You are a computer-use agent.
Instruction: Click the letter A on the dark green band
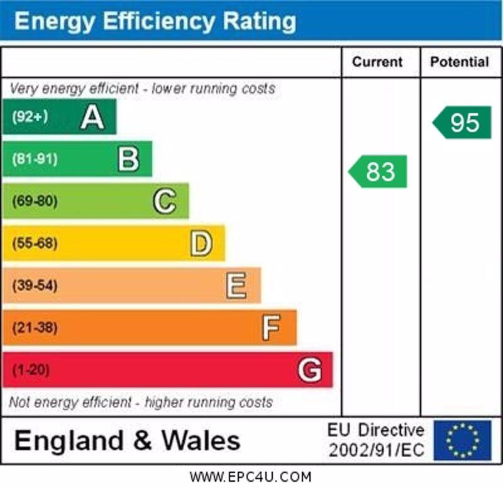tap(92, 117)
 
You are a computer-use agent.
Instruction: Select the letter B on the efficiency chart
tap(128, 159)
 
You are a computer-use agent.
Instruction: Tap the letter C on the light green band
tap(165, 201)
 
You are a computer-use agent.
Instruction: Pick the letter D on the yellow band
tap(201, 243)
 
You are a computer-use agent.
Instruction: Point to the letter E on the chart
tap(236, 286)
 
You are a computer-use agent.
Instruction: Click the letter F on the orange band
tap(272, 328)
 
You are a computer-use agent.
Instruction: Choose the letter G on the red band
tap(309, 370)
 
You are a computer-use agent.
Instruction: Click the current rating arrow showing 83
tap(379, 171)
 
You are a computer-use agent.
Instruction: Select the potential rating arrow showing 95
tap(463, 122)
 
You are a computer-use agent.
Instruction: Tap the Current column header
tap(377, 62)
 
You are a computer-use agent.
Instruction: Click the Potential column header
tap(459, 62)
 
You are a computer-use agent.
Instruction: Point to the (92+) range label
tap(30, 117)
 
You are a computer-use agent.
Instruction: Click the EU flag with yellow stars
tap(462, 440)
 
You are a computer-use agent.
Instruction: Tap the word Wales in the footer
tap(201, 440)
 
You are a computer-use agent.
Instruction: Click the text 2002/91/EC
tap(376, 450)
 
